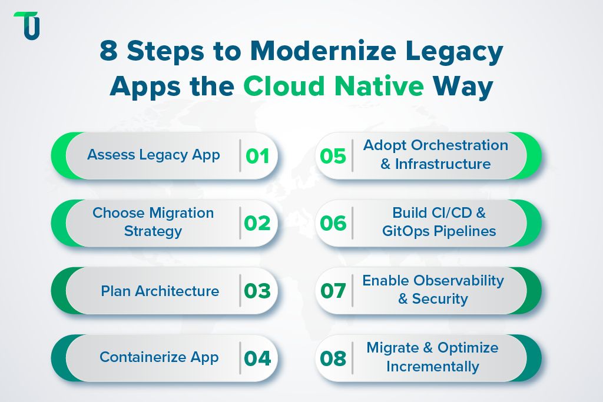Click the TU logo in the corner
[x=27, y=25]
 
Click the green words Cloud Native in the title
[x=333, y=86]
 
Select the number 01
[x=257, y=156]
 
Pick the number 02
[x=257, y=223]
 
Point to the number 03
[x=257, y=291]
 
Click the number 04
[x=257, y=358]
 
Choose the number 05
[x=333, y=156]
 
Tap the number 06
[x=333, y=223]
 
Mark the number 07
[x=333, y=291]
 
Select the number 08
[x=333, y=358]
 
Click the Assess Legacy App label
[x=154, y=155]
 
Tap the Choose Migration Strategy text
[x=153, y=222]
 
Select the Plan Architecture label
[x=160, y=291]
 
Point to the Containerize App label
[x=159, y=357]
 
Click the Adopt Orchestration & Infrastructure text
[x=435, y=154]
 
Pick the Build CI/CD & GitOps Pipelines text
[x=439, y=222]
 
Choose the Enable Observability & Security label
[x=433, y=290]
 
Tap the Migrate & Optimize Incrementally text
[x=432, y=357]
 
